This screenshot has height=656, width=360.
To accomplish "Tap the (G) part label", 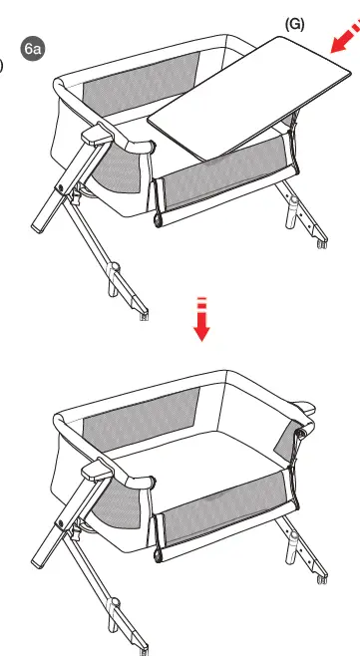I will click(294, 23).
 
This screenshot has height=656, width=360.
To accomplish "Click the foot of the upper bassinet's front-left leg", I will click(146, 316).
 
